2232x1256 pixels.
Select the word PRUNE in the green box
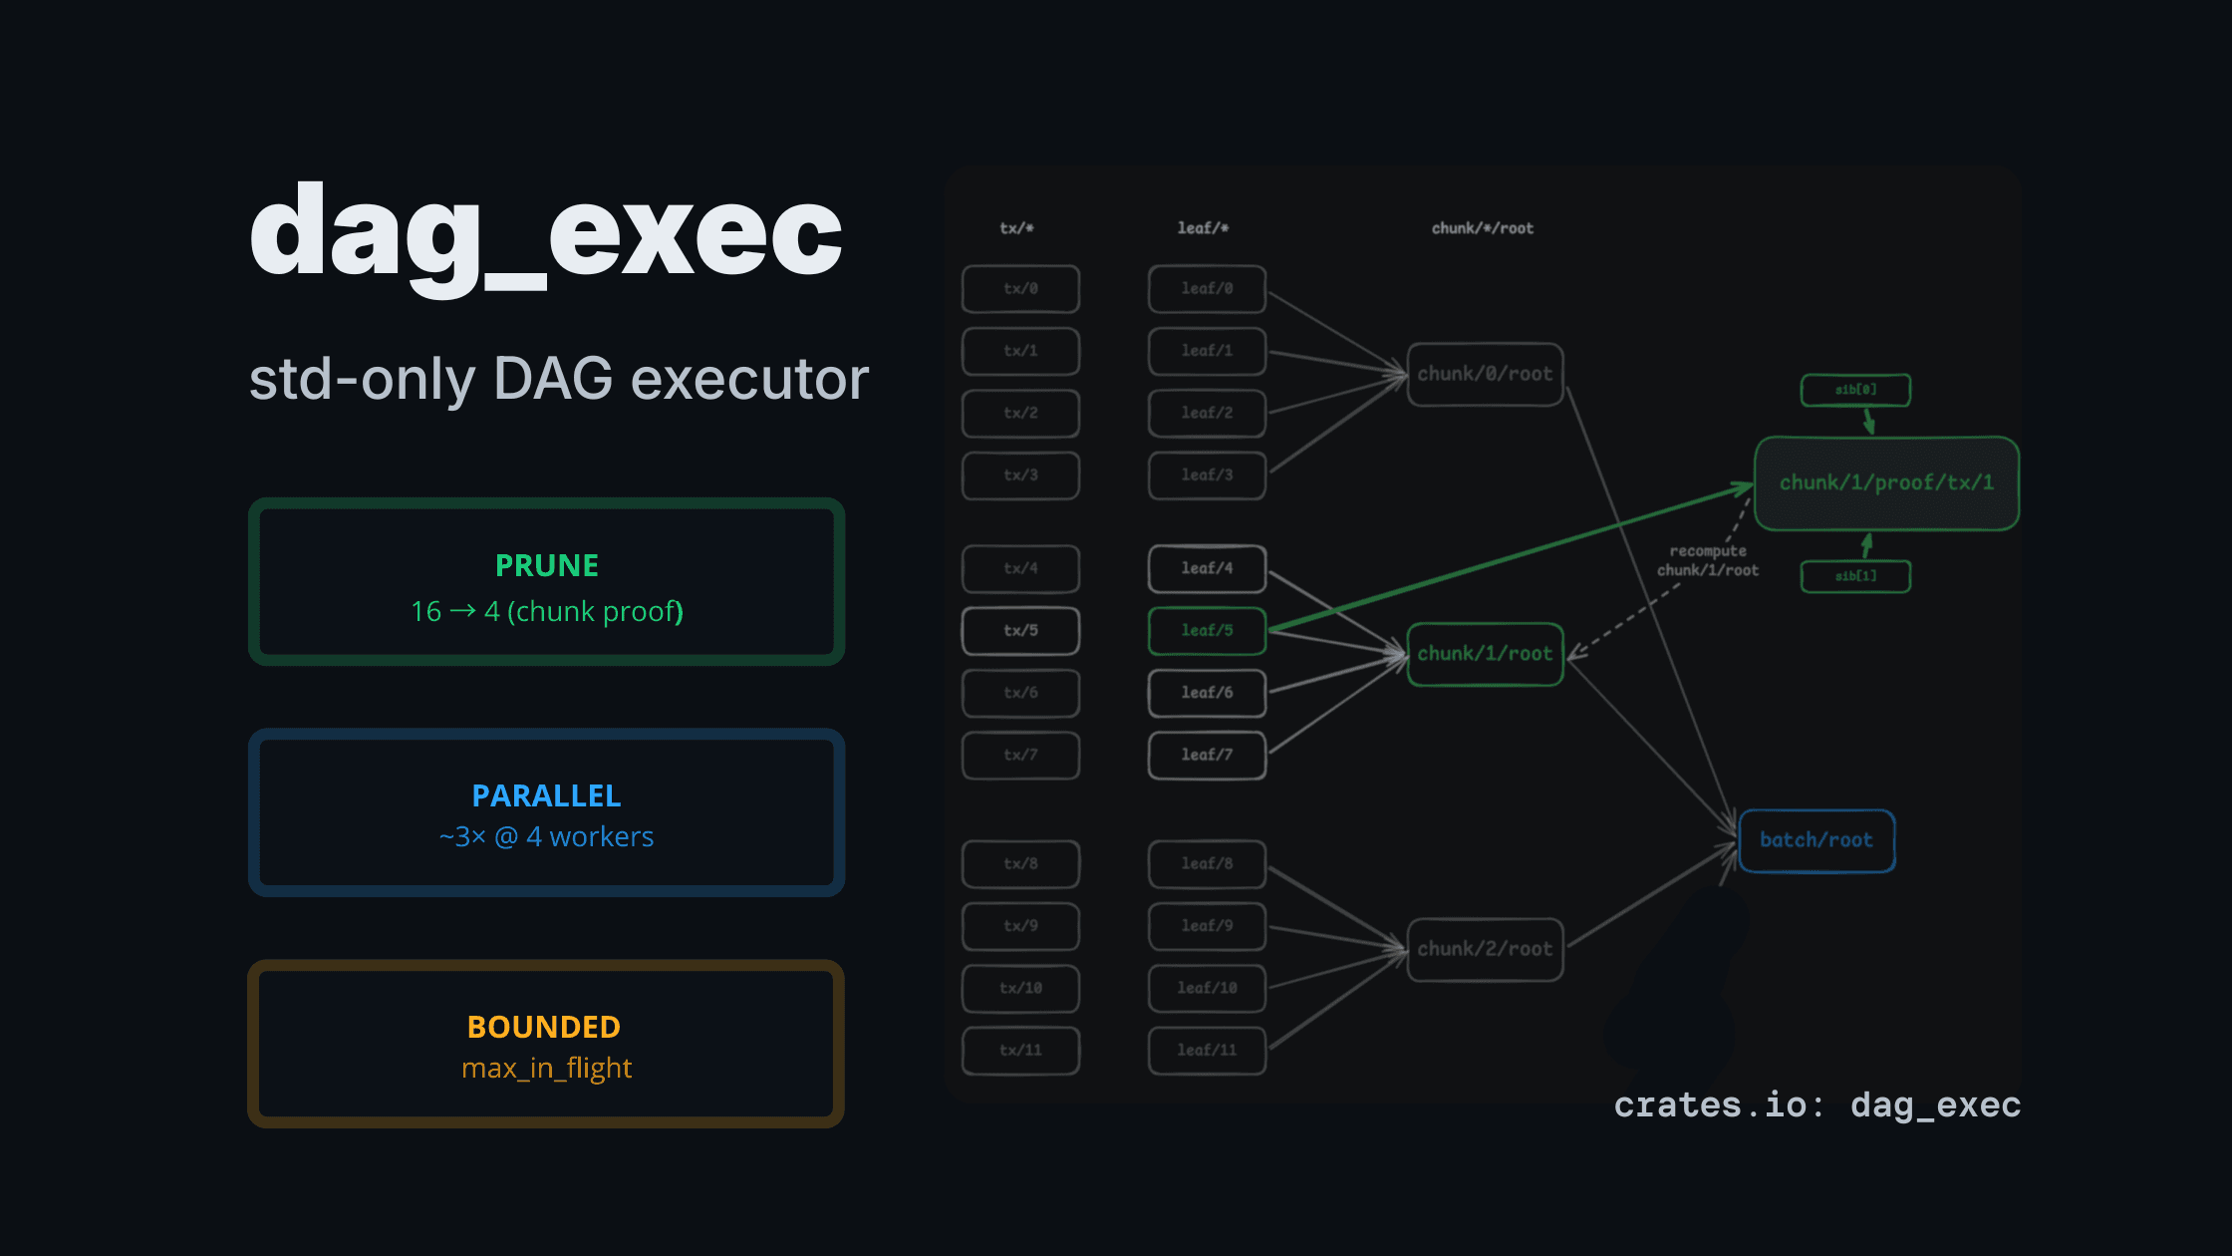click(547, 565)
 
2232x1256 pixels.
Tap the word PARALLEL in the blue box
click(546, 795)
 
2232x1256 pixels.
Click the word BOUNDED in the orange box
click(544, 1027)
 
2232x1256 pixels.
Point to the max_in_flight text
click(546, 1069)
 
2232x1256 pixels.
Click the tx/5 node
click(1020, 631)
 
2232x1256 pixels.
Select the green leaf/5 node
click(1207, 631)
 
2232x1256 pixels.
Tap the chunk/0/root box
click(1485, 375)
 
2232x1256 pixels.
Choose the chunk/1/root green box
click(1485, 654)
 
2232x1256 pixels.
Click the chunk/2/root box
click(1485, 949)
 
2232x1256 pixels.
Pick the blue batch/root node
click(1815, 840)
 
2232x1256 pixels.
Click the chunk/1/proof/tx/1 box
click(1886, 483)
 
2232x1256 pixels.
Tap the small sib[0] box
click(1855, 390)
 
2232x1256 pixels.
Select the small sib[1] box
click(1855, 576)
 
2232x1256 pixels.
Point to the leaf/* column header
click(1203, 228)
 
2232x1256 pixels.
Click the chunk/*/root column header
click(1483, 228)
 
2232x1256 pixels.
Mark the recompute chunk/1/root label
click(1708, 560)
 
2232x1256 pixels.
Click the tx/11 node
click(1020, 1051)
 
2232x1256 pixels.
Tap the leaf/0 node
click(1207, 289)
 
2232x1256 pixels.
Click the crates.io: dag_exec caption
click(1816, 1104)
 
